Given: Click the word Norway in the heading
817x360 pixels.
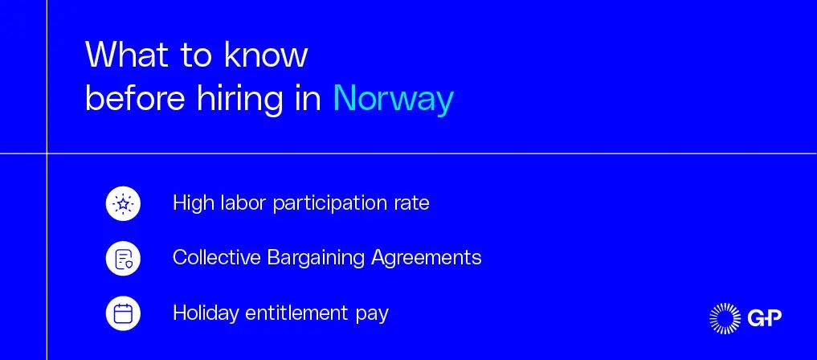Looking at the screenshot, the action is [x=394, y=99].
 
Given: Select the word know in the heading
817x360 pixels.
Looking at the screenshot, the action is [x=266, y=54].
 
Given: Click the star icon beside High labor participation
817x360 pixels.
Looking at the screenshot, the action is [x=123, y=203].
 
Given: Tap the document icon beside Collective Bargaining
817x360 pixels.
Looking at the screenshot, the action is [x=123, y=258].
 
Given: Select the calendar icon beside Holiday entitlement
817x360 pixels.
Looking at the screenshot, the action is [x=123, y=313].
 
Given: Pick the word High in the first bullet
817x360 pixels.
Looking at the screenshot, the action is [x=186, y=202].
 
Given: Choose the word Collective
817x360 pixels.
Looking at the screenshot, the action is [x=216, y=257].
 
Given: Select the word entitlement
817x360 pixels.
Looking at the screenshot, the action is [x=297, y=313].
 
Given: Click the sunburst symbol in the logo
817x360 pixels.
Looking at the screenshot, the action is [x=725, y=317].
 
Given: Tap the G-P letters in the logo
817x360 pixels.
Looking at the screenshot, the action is [x=764, y=317].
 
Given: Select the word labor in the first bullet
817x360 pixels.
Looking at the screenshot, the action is [x=236, y=202].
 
